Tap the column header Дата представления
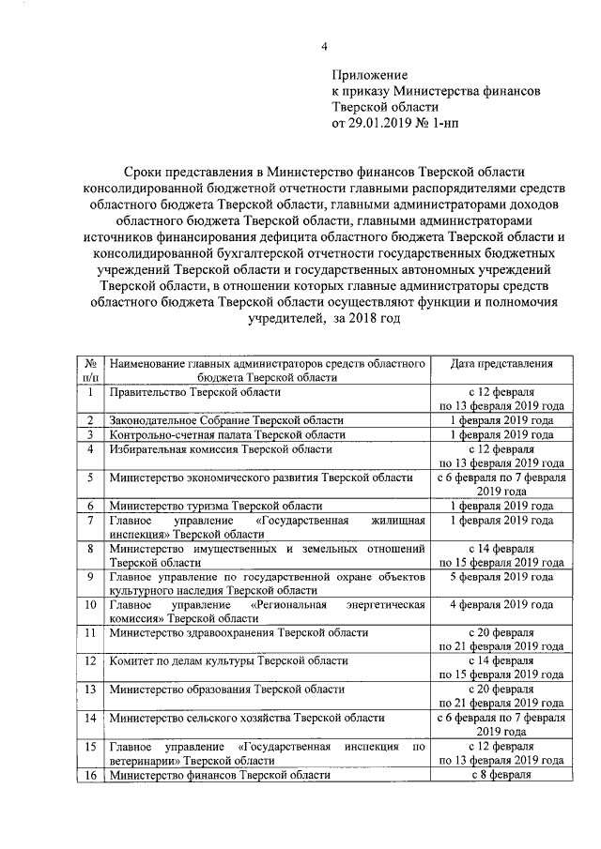pyautogui.click(x=501, y=364)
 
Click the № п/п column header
pyautogui.click(x=91, y=370)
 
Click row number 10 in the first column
pyautogui.click(x=91, y=605)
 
